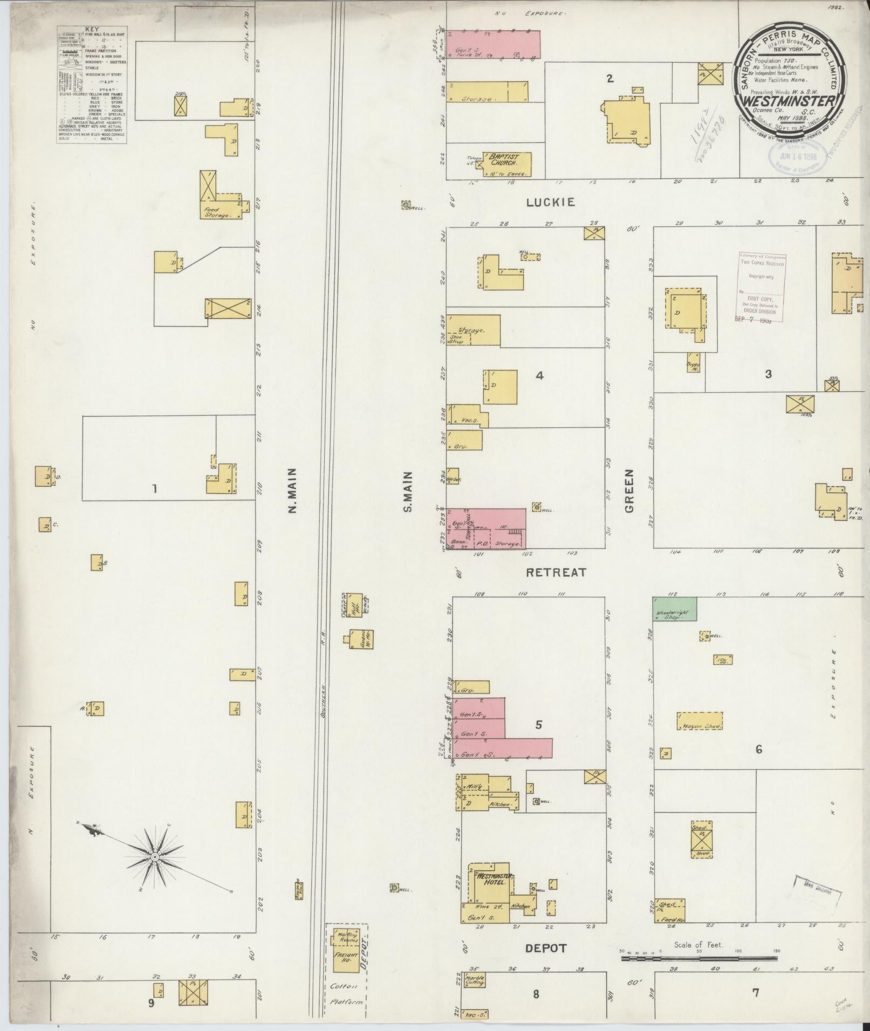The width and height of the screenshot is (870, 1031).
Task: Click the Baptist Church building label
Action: pos(503,159)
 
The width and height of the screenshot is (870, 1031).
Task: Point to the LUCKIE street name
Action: pos(551,202)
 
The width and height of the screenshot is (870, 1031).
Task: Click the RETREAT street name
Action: pos(556,572)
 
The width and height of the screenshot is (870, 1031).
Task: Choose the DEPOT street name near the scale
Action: pos(546,948)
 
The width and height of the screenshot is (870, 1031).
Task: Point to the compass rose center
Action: pos(155,856)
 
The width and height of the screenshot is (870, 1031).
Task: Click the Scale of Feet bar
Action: pos(698,959)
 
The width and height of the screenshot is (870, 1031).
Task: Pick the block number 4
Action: pos(539,376)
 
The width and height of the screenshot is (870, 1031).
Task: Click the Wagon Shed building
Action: pos(699,721)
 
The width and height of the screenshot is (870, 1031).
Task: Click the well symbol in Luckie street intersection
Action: pos(405,205)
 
